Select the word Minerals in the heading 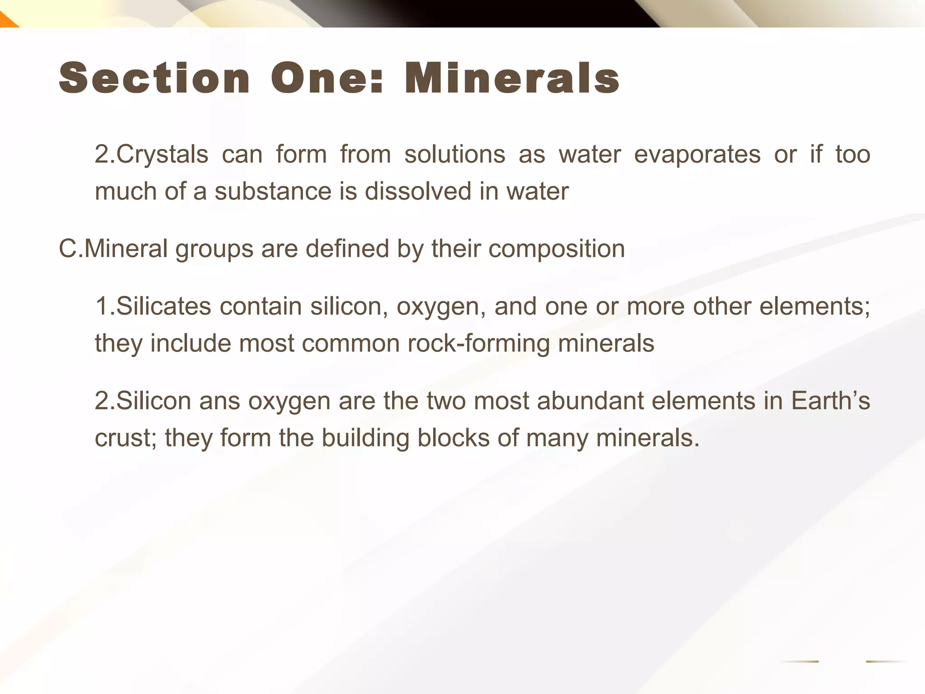pyautogui.click(x=512, y=79)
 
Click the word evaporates pyautogui.click(x=697, y=155)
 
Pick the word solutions pyautogui.click(x=454, y=155)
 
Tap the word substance pyautogui.click(x=273, y=192)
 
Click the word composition pyautogui.click(x=556, y=249)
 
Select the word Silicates pyautogui.click(x=164, y=306)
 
